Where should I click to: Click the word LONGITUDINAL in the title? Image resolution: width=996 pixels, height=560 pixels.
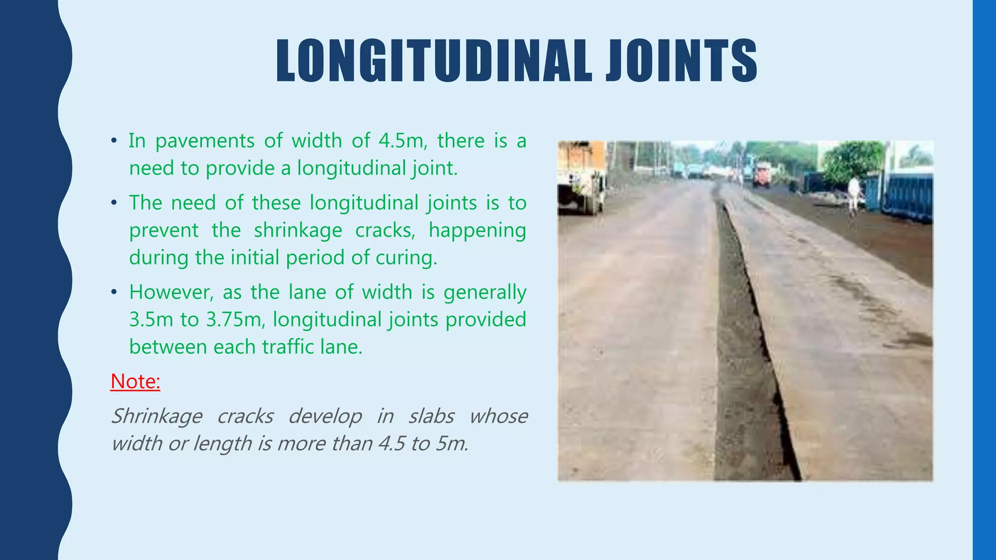click(x=434, y=61)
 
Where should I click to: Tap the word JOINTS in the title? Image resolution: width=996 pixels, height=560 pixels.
click(x=681, y=61)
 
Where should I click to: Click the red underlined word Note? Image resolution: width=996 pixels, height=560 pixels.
click(x=135, y=381)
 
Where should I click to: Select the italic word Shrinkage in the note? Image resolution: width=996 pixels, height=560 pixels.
click(x=157, y=417)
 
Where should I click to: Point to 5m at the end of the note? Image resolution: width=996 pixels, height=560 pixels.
click(x=452, y=444)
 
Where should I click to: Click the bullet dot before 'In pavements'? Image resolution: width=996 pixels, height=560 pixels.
click(x=114, y=141)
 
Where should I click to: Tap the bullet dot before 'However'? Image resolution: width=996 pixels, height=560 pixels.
click(x=114, y=293)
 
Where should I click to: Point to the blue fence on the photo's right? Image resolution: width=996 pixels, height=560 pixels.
click(x=907, y=197)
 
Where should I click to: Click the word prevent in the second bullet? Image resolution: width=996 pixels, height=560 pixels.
click(x=164, y=230)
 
